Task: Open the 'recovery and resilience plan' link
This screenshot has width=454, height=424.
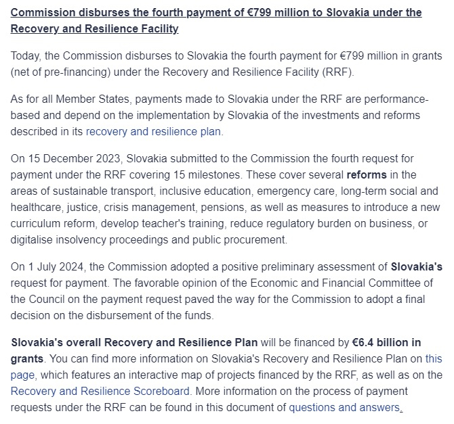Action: point(153,132)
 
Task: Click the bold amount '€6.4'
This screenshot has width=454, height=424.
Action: point(357,341)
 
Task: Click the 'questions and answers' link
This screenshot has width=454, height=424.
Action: point(344,407)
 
